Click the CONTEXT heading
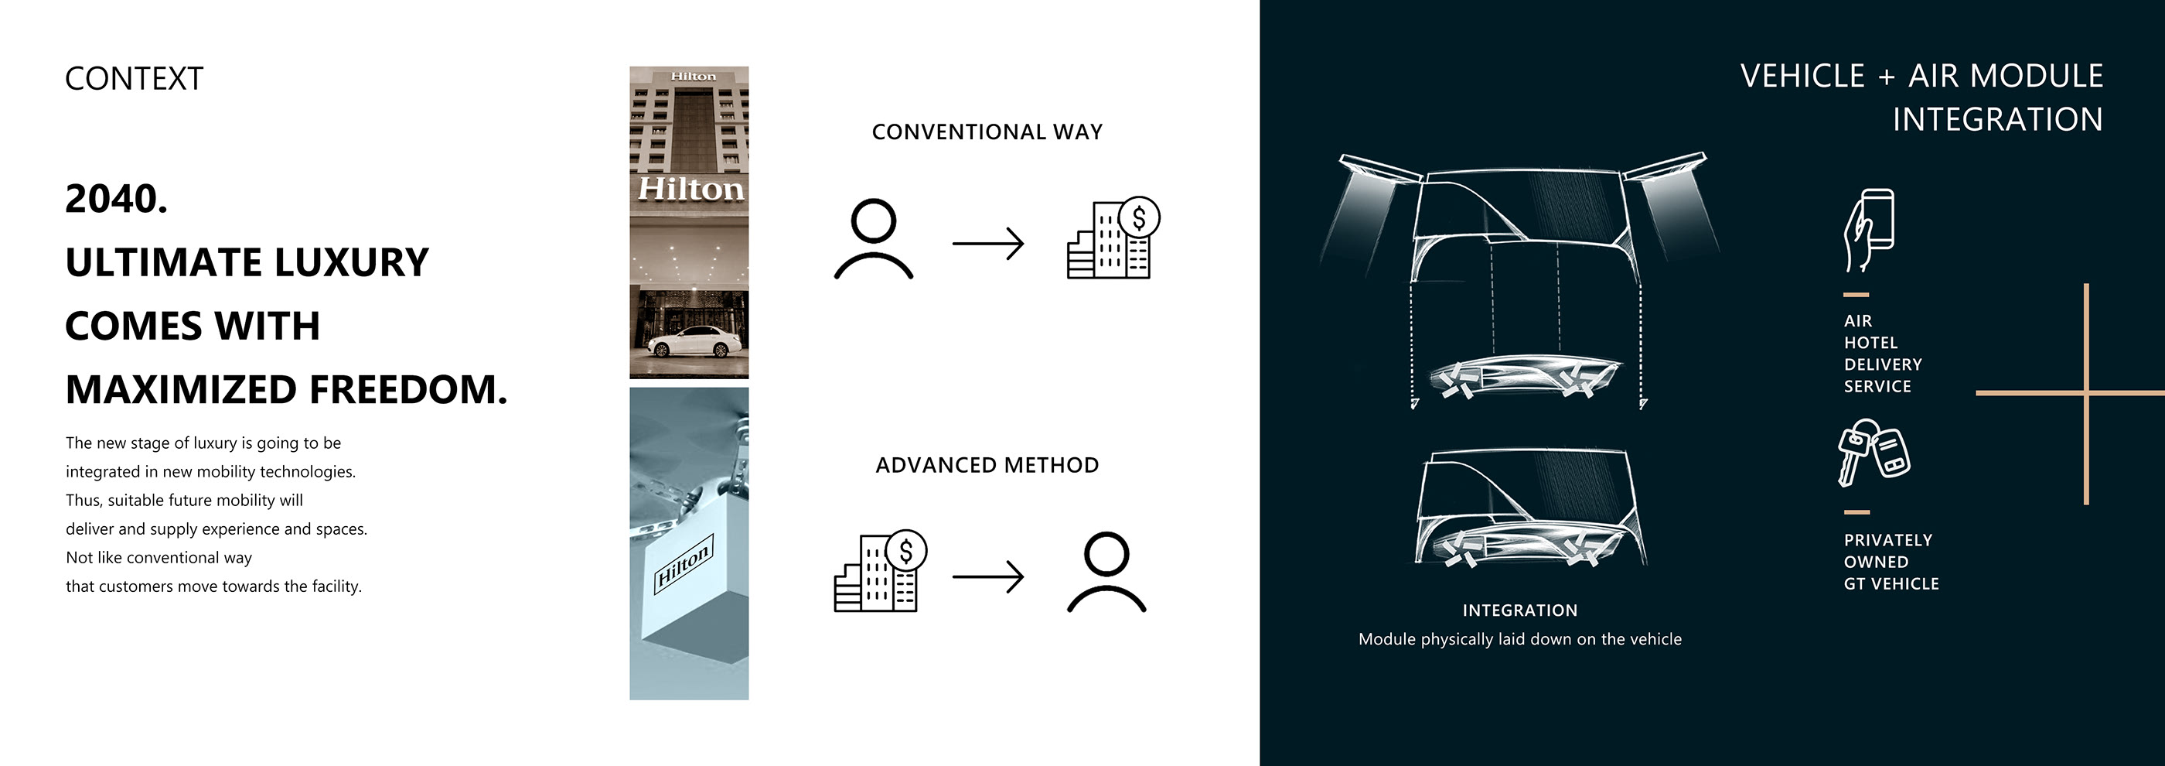tap(134, 79)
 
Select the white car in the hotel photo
tap(695, 342)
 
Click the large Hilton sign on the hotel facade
tap(690, 188)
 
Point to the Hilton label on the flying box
tap(684, 562)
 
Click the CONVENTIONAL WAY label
tap(987, 132)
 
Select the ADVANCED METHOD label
tap(987, 465)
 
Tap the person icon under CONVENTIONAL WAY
tap(873, 239)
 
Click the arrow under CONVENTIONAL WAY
tap(987, 244)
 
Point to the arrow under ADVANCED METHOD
tap(987, 576)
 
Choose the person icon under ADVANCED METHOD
tap(1106, 572)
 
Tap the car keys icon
tap(1873, 453)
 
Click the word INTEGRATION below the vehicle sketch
tap(1519, 610)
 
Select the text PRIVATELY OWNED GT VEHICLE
tap(1891, 562)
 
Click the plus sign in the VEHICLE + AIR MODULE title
tap(1887, 77)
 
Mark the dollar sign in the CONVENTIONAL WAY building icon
tap(1139, 217)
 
